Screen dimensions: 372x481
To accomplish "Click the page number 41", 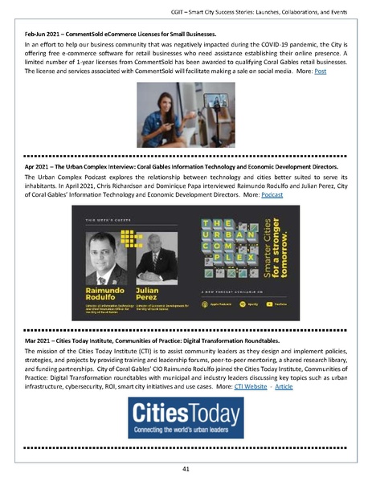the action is (185, 468).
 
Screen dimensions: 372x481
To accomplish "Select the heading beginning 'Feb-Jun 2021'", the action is (121, 36).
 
